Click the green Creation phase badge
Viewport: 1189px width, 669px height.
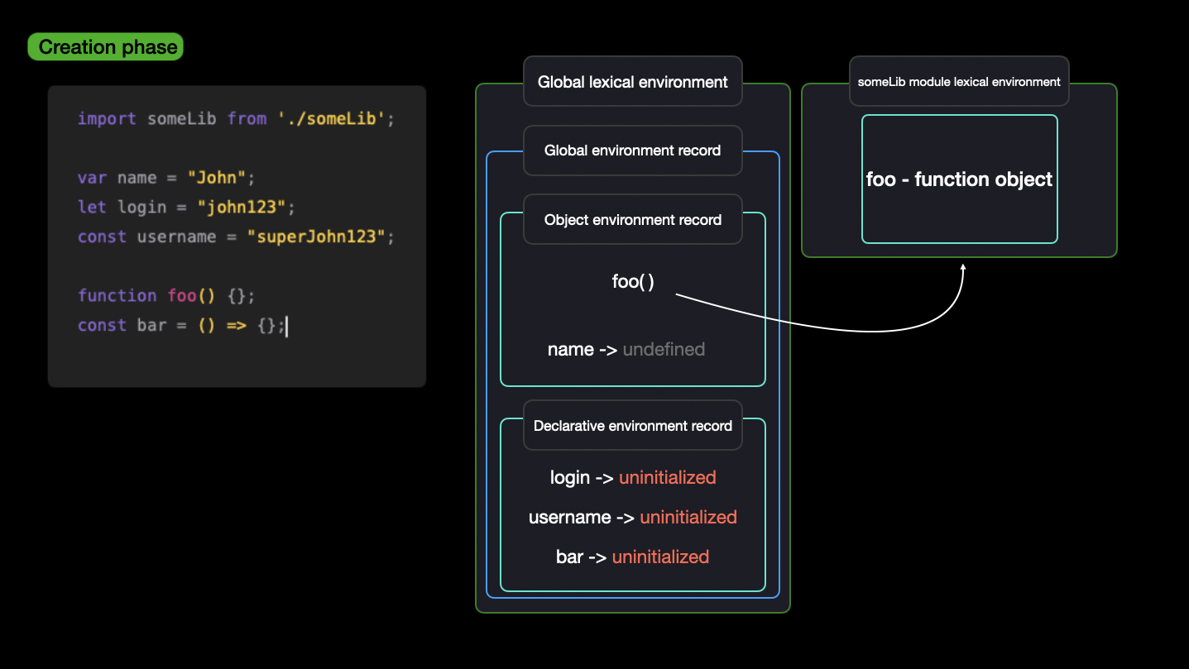coord(106,46)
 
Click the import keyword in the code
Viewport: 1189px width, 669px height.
coord(107,118)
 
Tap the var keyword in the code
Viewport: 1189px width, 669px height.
coord(93,178)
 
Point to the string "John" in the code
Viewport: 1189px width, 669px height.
coord(217,177)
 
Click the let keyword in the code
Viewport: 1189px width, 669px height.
coord(93,207)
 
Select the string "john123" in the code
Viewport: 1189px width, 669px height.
coord(242,207)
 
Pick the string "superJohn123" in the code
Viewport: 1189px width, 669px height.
coord(316,236)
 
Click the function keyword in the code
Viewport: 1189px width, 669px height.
coord(117,295)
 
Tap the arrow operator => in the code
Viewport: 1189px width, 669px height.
coord(237,325)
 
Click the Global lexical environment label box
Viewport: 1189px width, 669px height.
coord(633,81)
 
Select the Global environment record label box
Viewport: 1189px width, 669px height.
coord(633,151)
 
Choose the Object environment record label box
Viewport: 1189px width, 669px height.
coord(633,219)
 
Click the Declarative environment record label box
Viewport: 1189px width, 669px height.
coord(633,426)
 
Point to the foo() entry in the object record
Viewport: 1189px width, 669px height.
coord(633,281)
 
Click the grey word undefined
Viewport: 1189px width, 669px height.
coord(664,349)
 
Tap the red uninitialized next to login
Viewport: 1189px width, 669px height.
coord(667,477)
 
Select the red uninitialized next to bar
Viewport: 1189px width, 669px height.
coord(660,557)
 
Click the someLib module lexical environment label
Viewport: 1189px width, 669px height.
coord(959,82)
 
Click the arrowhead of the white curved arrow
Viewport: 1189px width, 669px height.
coord(963,267)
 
